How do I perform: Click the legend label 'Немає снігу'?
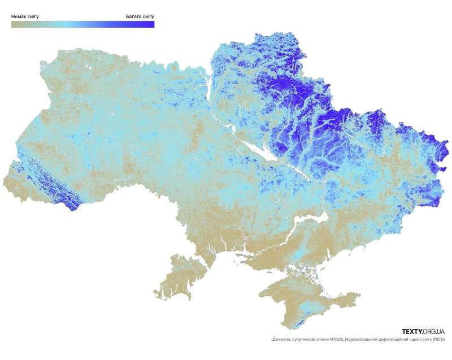click(25, 16)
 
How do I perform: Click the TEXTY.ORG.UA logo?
click(423, 331)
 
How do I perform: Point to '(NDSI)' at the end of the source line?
click(436, 340)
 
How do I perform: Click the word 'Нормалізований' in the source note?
click(368, 340)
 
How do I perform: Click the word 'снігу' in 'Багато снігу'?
click(146, 16)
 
